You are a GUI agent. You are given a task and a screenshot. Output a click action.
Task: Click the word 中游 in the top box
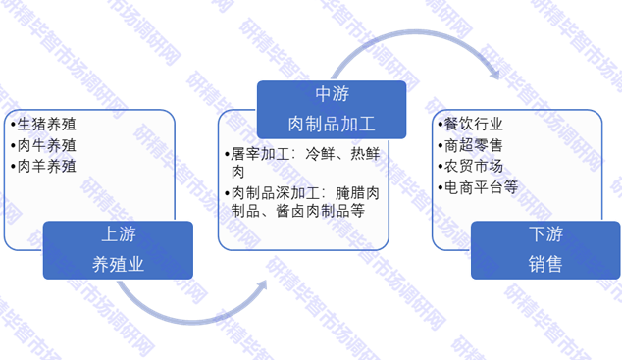pos(332,94)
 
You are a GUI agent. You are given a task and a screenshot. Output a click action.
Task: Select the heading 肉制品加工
pos(332,122)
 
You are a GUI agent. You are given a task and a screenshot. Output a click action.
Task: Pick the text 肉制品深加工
pos(274,192)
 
